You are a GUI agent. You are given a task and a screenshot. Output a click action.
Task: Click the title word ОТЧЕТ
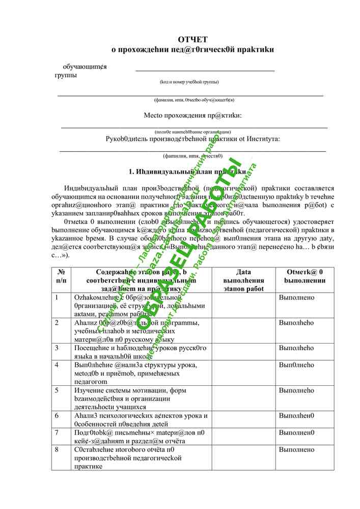point(192,39)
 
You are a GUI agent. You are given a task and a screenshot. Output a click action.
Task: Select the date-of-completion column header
point(243,280)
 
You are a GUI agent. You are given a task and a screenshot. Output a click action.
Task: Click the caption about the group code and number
point(189,82)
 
